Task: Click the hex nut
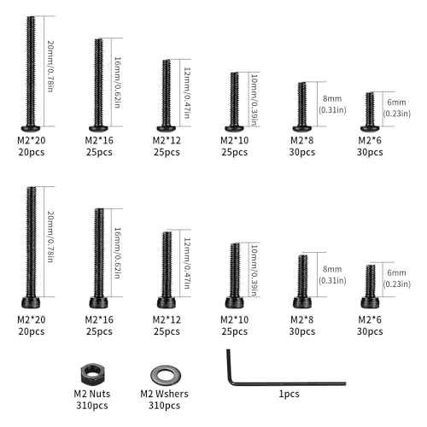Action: [92, 374]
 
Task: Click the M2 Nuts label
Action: [92, 394]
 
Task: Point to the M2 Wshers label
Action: [164, 394]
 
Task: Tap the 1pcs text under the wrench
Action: [289, 395]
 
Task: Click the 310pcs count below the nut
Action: [92, 406]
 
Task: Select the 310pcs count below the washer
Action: [164, 406]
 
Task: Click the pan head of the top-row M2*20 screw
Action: [31, 129]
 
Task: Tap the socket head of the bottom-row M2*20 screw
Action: [31, 302]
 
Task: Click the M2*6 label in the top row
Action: [370, 140]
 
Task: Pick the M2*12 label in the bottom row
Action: [167, 319]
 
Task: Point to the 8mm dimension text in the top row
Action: [332, 99]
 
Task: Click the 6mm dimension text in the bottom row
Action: [396, 272]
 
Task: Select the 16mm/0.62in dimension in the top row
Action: [117, 83]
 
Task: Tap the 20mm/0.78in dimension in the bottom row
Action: [50, 237]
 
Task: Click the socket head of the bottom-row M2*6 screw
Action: [370, 302]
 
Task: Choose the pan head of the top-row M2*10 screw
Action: [234, 129]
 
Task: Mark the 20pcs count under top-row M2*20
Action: [32, 152]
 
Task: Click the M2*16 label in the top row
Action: [99, 140]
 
